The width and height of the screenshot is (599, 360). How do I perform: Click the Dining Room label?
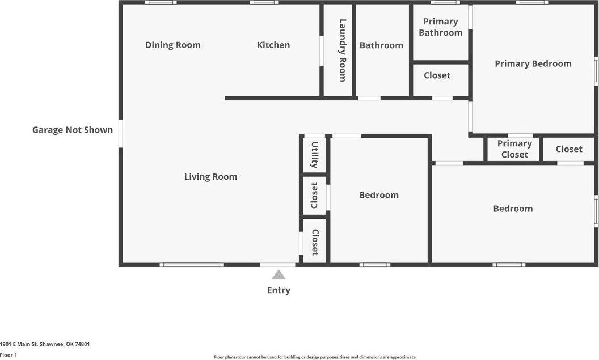click(172, 45)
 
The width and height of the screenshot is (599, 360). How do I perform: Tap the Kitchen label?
click(273, 45)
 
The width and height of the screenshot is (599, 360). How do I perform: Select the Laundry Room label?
click(342, 50)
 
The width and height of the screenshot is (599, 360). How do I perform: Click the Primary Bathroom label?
click(440, 27)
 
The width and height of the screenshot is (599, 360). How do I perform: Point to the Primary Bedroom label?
click(533, 63)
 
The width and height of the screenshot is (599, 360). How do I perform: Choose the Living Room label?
click(210, 177)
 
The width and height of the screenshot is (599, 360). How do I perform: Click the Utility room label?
click(314, 155)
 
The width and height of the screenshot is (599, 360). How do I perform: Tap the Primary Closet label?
click(514, 149)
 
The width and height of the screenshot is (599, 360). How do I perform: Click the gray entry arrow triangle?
click(279, 275)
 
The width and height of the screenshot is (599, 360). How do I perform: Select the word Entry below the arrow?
click(279, 290)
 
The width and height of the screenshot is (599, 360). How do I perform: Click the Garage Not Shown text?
click(73, 130)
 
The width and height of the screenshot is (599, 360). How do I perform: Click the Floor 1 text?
click(9, 355)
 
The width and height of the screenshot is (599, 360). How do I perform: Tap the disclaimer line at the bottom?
click(315, 357)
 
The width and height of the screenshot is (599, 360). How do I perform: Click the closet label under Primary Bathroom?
click(437, 75)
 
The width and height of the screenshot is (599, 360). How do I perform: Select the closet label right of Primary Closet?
click(568, 149)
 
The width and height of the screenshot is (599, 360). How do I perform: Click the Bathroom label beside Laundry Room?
click(381, 45)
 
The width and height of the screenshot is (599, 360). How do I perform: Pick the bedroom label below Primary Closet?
click(513, 209)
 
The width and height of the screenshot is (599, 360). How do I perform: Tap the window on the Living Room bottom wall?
click(192, 265)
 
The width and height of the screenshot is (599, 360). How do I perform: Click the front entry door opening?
click(278, 265)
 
